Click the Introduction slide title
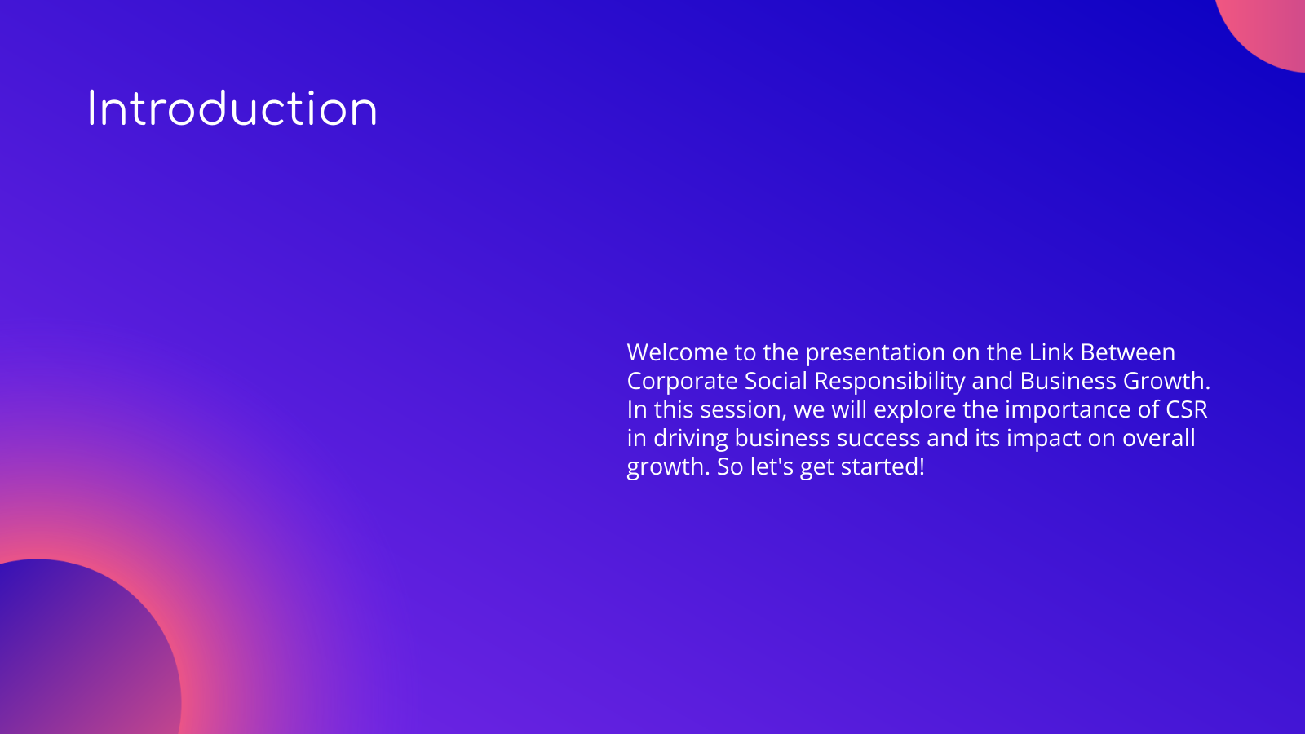[x=232, y=109]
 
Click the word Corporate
[x=682, y=381]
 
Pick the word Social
[x=776, y=381]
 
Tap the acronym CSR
[x=1186, y=409]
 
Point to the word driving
[x=690, y=438]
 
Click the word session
[x=743, y=409]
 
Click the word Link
[x=1051, y=352]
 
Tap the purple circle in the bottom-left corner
[x=73, y=652]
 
